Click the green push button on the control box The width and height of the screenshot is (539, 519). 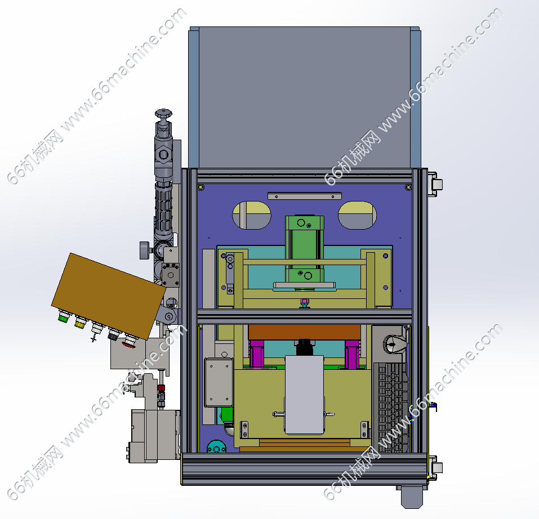[63, 316]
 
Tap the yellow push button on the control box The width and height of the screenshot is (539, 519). [80, 322]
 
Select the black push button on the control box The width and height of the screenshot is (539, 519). [113, 334]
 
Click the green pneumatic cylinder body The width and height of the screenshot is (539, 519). [305, 252]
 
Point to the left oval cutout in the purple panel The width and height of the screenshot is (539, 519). [252, 215]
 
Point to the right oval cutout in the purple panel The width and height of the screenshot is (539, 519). [357, 215]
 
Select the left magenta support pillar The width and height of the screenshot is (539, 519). [256, 354]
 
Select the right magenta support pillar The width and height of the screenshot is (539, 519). [352, 354]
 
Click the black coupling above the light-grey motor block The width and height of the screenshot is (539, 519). [305, 347]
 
